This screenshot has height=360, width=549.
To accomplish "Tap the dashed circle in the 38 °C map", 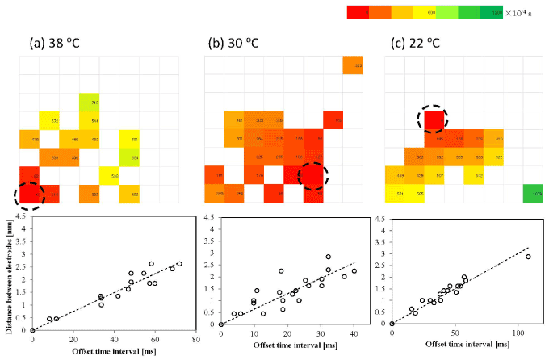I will point(30,194).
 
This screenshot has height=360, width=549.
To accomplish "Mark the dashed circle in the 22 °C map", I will point(434,119).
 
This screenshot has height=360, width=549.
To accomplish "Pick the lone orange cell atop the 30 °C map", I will point(353,65).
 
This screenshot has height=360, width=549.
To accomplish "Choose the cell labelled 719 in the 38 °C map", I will point(89,103).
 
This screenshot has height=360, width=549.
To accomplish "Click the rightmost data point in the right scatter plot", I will point(528,257).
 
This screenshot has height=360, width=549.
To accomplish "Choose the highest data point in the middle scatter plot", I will point(328,257).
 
